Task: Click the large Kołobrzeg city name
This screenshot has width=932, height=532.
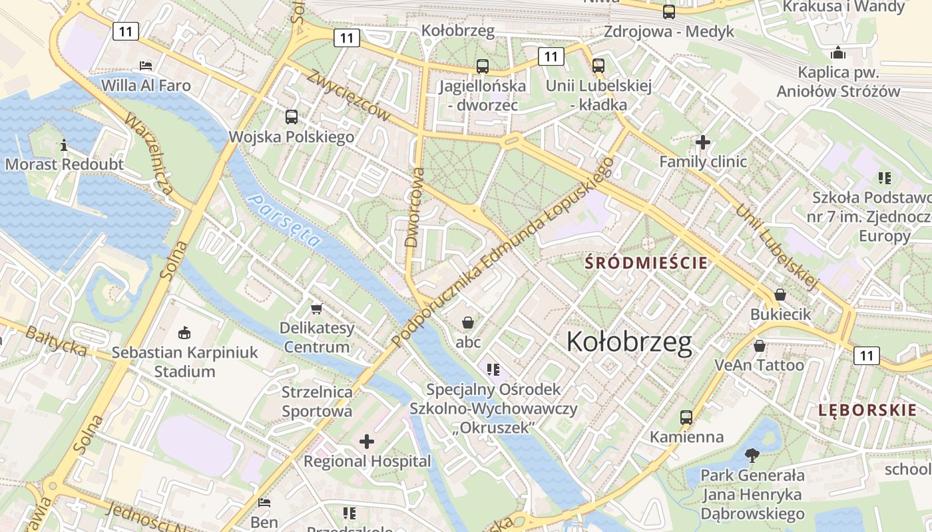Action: (x=629, y=342)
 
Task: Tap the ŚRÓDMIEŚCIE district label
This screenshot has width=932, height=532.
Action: (x=646, y=263)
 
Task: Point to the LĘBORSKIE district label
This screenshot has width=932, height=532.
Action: (x=867, y=410)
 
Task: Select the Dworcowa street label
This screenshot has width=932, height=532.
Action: (x=414, y=207)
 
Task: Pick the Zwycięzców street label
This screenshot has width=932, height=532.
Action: (x=348, y=95)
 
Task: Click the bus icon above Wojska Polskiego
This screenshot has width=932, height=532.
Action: (x=292, y=117)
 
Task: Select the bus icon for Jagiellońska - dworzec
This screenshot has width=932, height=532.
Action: (x=483, y=66)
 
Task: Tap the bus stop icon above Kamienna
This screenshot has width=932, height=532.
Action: (x=686, y=418)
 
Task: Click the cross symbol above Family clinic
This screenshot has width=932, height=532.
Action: (x=703, y=142)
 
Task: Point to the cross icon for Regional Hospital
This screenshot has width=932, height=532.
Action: (x=367, y=442)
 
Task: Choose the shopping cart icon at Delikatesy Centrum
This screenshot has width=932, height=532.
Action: (x=317, y=309)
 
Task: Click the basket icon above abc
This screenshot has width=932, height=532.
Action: (x=468, y=323)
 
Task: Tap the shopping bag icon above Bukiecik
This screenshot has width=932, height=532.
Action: (x=780, y=294)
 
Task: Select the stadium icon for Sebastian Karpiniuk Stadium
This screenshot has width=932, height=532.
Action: (x=184, y=332)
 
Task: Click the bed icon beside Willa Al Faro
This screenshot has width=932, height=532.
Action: (x=146, y=65)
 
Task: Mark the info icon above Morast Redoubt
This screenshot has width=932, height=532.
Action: (x=64, y=144)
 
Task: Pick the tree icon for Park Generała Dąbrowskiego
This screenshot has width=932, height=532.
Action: (x=752, y=456)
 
